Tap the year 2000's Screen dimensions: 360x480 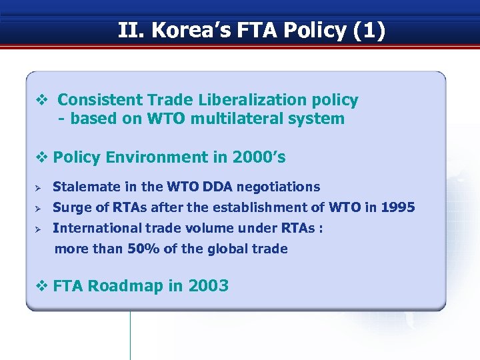click(x=259, y=157)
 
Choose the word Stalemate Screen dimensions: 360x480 click(x=82, y=187)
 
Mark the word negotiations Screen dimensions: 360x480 click(x=278, y=187)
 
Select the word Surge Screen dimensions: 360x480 click(x=71, y=207)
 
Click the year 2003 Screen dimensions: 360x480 click(x=208, y=286)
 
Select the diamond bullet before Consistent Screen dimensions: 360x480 click(x=41, y=100)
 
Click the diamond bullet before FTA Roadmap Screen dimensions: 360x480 click(x=41, y=286)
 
